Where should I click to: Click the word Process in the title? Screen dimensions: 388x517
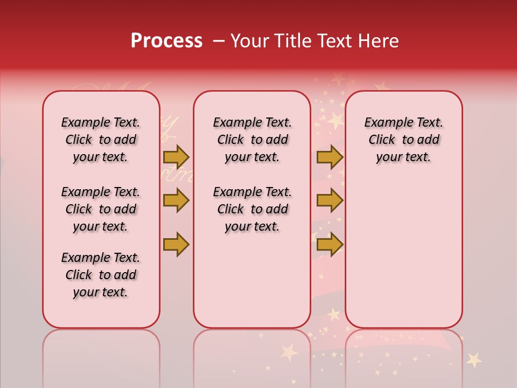point(166,41)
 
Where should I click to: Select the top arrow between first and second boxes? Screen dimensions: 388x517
point(176,157)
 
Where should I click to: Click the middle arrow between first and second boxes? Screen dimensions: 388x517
point(176,200)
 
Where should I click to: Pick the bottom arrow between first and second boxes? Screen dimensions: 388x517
point(176,244)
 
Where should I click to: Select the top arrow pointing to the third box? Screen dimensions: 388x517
point(330,157)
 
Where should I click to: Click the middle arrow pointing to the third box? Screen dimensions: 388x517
point(330,200)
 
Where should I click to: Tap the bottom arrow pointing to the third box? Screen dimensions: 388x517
point(330,244)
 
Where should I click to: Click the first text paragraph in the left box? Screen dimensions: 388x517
point(101,140)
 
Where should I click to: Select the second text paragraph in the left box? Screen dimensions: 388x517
point(101,209)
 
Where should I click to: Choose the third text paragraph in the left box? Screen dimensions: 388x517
point(101,275)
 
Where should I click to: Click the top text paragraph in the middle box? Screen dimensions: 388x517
point(252,140)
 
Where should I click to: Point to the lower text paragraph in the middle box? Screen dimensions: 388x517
point(252,209)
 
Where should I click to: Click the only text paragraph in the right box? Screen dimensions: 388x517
point(403,140)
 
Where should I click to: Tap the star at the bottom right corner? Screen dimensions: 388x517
point(474,359)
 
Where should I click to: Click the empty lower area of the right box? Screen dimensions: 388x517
point(403,253)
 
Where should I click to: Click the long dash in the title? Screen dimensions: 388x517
point(219,41)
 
